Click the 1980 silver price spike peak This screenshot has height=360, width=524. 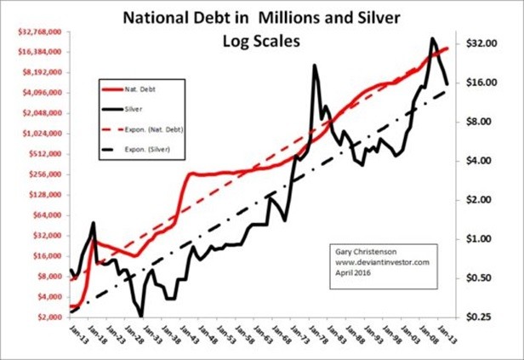(x=316, y=66)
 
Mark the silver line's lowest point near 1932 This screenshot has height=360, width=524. (x=140, y=316)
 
